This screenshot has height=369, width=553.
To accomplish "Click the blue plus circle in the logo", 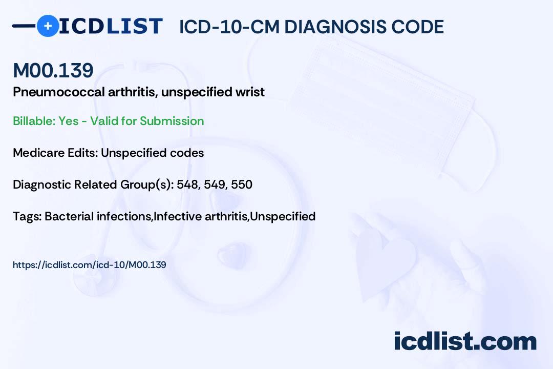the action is (x=48, y=26).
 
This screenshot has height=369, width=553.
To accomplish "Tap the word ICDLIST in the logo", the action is (x=111, y=26).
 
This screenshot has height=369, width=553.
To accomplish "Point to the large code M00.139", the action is (x=53, y=70).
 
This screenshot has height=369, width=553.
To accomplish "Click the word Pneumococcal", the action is (x=59, y=92).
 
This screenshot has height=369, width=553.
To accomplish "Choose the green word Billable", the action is (x=34, y=121).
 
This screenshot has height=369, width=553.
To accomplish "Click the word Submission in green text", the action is (x=172, y=121).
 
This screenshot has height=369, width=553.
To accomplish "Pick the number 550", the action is (x=242, y=184).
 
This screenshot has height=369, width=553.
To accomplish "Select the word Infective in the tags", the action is (x=177, y=216).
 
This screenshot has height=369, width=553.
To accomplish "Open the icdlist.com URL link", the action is (x=89, y=265).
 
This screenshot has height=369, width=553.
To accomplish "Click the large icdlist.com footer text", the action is (x=465, y=341).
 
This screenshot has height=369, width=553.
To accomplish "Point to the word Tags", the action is (x=27, y=217).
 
